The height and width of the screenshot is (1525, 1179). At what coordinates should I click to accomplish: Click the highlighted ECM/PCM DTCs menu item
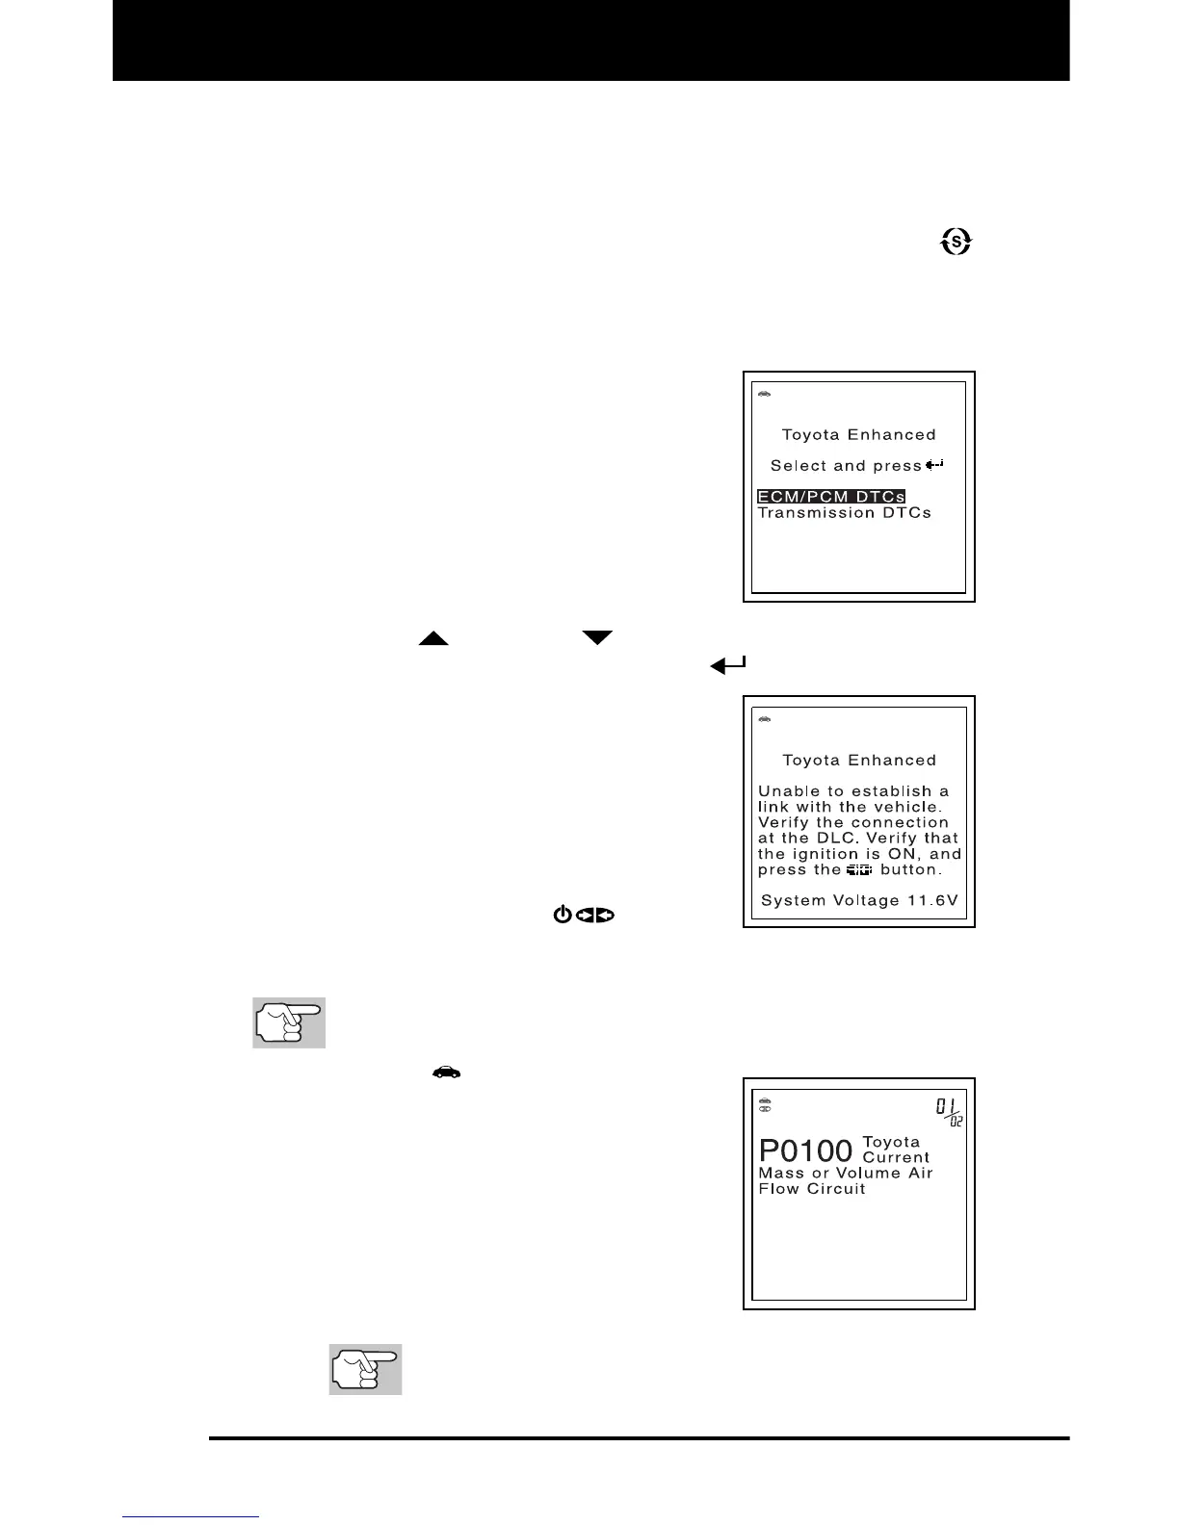pyautogui.click(x=831, y=497)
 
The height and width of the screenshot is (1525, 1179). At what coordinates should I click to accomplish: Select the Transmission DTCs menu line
pyautogui.click(x=845, y=513)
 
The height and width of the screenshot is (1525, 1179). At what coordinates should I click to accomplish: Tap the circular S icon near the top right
pyautogui.click(x=956, y=243)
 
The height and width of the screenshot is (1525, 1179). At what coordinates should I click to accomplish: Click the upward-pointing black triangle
pyautogui.click(x=433, y=638)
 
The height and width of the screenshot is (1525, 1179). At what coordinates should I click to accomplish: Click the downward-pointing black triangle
pyautogui.click(x=597, y=637)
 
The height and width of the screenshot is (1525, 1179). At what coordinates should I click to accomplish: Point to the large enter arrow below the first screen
pyautogui.click(x=728, y=664)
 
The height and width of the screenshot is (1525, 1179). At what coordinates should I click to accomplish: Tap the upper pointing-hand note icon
pyautogui.click(x=289, y=1022)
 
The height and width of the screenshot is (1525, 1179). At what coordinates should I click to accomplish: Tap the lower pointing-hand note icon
pyautogui.click(x=365, y=1369)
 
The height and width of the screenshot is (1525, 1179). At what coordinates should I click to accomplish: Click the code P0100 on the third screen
pyautogui.click(x=806, y=1150)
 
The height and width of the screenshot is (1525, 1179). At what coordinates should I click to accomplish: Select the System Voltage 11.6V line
pyautogui.click(x=858, y=900)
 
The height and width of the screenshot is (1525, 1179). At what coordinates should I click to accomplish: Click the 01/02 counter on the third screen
pyautogui.click(x=949, y=1113)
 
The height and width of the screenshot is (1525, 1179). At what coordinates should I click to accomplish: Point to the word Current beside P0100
pyautogui.click(x=896, y=1157)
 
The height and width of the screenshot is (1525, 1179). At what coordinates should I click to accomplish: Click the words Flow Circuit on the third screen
pyautogui.click(x=812, y=1189)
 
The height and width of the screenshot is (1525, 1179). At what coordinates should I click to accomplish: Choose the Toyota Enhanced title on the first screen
pyautogui.click(x=858, y=435)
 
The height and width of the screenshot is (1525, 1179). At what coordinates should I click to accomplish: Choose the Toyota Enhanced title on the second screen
pyautogui.click(x=858, y=761)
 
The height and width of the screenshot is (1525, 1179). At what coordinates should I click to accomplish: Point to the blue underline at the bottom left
pyautogui.click(x=191, y=1516)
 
